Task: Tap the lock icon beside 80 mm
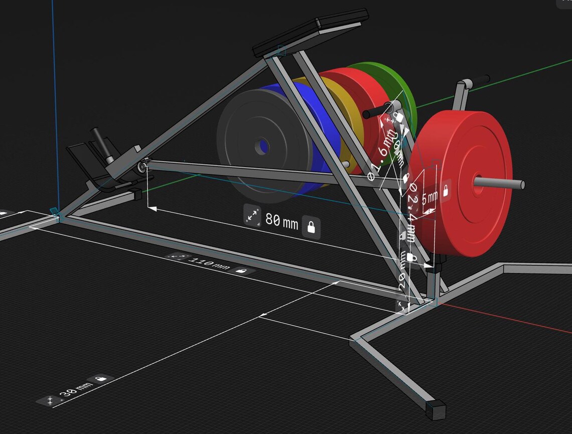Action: [x=312, y=227]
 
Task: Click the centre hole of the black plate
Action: [x=261, y=146]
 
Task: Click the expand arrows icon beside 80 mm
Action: [x=252, y=216]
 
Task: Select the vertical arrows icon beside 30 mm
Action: [x=50, y=400]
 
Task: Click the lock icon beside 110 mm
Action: [x=241, y=271]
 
